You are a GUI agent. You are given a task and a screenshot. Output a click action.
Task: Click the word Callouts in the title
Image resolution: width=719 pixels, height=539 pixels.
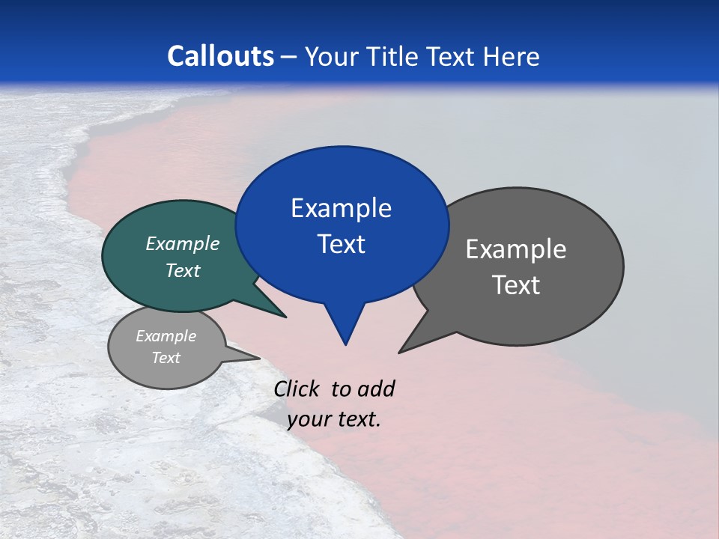220,56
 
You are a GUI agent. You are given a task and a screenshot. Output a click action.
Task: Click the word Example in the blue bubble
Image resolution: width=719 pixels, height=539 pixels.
341,208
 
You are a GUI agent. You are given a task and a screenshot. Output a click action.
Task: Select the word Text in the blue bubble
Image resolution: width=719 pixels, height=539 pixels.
341,244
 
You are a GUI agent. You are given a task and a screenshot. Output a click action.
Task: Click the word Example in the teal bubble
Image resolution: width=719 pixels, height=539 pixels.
183,243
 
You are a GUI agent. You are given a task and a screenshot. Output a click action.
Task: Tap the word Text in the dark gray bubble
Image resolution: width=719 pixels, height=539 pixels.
516,285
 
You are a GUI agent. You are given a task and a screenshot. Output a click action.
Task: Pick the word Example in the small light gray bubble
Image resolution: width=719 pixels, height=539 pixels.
166,336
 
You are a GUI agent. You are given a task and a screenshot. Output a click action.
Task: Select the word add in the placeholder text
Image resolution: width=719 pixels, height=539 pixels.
376,389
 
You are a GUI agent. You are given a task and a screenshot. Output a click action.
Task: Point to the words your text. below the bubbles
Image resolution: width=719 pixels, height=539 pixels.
334,419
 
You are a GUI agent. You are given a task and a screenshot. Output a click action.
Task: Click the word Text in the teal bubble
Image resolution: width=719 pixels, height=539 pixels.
183,270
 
